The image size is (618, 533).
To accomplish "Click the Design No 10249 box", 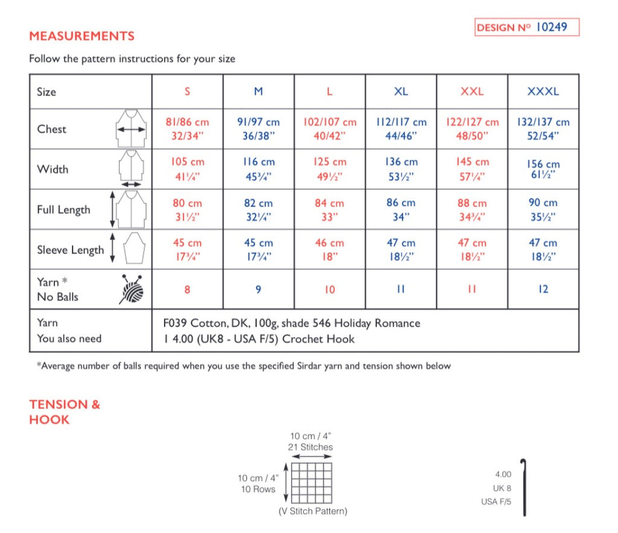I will (x=526, y=28).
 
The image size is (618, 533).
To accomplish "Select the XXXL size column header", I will (x=543, y=92).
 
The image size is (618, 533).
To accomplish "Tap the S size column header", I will (x=187, y=92).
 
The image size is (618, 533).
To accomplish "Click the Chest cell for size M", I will (x=258, y=129).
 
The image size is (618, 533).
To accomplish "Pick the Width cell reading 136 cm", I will (x=401, y=169).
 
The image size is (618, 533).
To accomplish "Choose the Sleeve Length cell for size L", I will (x=330, y=249).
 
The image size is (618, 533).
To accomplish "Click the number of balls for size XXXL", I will (x=543, y=289).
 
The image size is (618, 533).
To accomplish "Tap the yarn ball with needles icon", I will (x=132, y=289).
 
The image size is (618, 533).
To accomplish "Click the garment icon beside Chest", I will (x=131, y=129).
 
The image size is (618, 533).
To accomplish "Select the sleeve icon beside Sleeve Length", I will (x=134, y=249).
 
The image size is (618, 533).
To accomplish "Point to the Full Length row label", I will (x=63, y=210).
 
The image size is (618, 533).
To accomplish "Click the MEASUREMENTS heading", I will (x=81, y=36).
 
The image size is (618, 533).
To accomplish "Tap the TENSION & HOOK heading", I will (x=65, y=412).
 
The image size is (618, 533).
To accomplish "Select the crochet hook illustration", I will (x=524, y=485).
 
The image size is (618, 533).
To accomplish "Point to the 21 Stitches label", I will (x=310, y=447).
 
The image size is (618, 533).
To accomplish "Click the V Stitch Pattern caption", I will (x=313, y=511).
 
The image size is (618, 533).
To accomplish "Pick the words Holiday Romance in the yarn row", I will (x=380, y=323).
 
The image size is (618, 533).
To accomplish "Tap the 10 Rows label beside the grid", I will (x=258, y=490).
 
